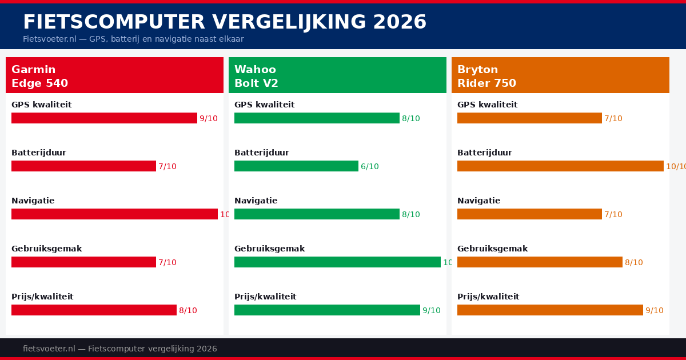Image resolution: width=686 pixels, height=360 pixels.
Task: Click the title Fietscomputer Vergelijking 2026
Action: coord(224,22)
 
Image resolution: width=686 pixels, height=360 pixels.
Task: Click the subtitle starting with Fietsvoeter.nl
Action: coord(133,39)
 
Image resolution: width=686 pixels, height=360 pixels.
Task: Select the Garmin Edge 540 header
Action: coord(114,75)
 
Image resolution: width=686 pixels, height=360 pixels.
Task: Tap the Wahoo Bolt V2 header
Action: coord(337,75)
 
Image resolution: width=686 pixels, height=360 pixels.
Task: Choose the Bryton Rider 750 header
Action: coord(560,75)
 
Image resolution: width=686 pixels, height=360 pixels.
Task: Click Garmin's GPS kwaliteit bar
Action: coord(104,118)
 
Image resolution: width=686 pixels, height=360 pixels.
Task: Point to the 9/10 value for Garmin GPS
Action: coord(209,119)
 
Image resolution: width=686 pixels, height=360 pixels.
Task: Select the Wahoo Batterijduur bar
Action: coord(296,166)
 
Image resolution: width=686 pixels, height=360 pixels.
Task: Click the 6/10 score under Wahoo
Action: coord(370,167)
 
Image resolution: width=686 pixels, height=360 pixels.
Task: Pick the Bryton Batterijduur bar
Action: coord(560,166)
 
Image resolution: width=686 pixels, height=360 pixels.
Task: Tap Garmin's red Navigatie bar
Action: coord(114,214)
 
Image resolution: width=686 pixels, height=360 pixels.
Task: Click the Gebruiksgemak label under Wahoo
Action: coord(269,249)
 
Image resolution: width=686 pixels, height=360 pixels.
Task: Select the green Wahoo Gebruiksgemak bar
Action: coord(337,262)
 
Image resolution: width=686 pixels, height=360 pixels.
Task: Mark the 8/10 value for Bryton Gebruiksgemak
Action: coord(634,263)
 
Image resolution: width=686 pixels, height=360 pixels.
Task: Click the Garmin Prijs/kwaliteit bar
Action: coord(94,310)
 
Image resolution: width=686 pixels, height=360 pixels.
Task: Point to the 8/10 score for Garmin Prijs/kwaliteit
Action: coord(188,311)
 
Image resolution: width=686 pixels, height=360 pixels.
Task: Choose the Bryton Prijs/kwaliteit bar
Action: coord(550,310)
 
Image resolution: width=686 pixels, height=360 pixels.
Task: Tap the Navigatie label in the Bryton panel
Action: coord(478,201)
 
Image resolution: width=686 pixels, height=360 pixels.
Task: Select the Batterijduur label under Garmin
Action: coord(39,153)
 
